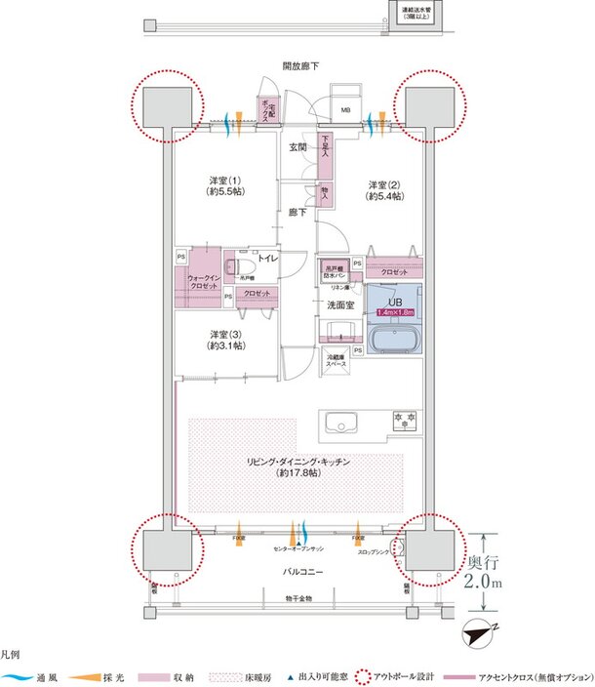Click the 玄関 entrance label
(299, 147)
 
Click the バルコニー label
(299, 570)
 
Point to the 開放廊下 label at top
(300, 66)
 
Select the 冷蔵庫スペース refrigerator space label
(337, 360)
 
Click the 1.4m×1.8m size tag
(394, 311)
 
